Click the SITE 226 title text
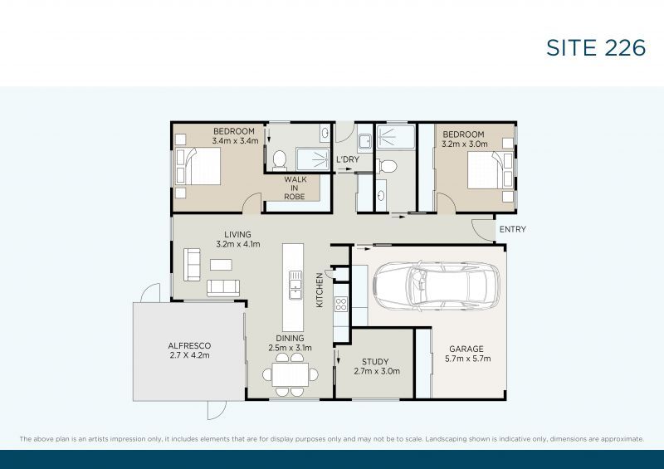coord(595,47)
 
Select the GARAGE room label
coord(466,349)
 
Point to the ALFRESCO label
coord(190,345)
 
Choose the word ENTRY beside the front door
coord(511,229)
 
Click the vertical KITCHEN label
coord(319,291)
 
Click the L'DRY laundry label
coord(347,159)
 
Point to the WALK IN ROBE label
coord(295,188)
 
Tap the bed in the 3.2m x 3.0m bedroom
coord(484,173)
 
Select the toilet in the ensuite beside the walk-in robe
coord(281,158)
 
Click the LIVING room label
coord(237,235)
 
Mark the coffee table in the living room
coord(221,265)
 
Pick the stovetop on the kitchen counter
coord(339,304)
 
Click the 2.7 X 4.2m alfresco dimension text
coord(190,355)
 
